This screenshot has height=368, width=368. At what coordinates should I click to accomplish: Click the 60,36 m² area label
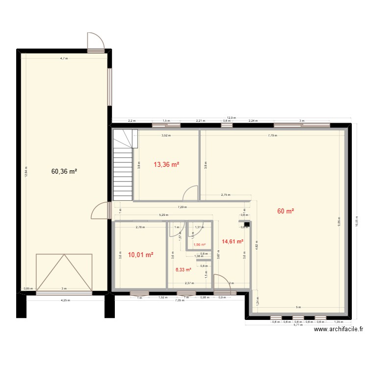[64, 172]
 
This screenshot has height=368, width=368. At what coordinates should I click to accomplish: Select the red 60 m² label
[286, 211]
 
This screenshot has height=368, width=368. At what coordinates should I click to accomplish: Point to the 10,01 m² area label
[141, 255]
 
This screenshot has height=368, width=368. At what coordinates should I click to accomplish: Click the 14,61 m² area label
[233, 241]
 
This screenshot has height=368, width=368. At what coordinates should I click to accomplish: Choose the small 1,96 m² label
[199, 245]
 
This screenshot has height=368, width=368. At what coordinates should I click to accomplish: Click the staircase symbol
[123, 165]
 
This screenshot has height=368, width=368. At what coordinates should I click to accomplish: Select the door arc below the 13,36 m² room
[190, 194]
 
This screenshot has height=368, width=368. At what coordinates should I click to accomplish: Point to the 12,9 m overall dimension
[231, 118]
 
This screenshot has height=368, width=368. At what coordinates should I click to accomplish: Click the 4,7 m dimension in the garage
[64, 58]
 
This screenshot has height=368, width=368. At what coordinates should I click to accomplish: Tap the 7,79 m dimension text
[272, 136]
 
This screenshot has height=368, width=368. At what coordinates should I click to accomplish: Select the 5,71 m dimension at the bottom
[298, 325]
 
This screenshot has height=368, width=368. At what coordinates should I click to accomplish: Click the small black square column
[247, 225]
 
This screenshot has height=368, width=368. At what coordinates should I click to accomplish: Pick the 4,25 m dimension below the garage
[64, 300]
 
